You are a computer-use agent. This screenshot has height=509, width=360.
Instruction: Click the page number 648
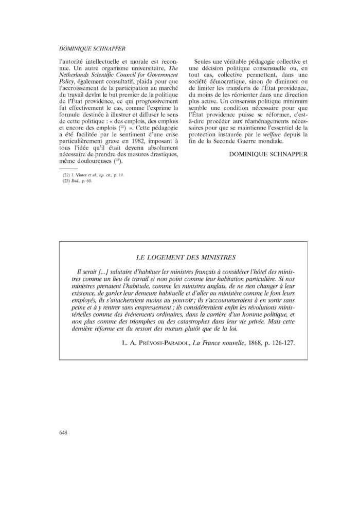click(x=64, y=432)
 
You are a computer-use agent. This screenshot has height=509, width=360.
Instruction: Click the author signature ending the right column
click(x=268, y=154)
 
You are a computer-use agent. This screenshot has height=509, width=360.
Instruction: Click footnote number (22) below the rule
click(x=66, y=175)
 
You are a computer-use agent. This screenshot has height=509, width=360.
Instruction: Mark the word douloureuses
click(x=99, y=161)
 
